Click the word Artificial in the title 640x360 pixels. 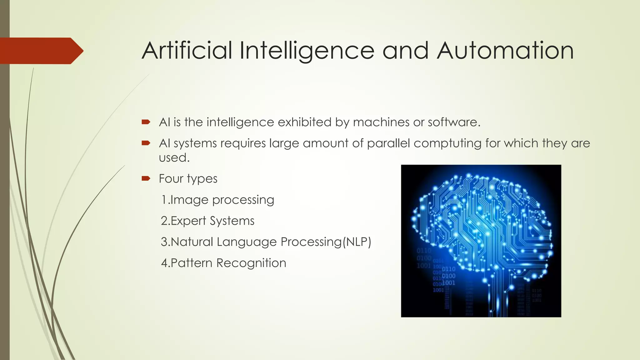[187, 51]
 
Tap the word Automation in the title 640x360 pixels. [505, 51]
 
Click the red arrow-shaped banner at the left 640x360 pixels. [41, 51]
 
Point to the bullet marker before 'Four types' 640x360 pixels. [146, 179]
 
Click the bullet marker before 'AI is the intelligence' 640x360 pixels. [146, 122]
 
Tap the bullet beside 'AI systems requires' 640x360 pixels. [146, 143]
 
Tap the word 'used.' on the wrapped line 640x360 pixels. [174, 157]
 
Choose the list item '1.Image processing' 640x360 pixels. [217, 200]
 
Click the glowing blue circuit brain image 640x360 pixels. [481, 241]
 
